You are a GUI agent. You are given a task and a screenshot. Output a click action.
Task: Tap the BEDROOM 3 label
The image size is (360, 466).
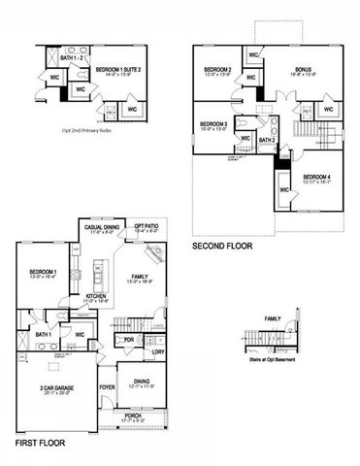point(214,124)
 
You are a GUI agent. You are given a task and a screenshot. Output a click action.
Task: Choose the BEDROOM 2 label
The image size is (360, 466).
point(217,69)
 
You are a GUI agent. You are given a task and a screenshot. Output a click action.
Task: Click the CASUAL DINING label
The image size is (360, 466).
point(102,227)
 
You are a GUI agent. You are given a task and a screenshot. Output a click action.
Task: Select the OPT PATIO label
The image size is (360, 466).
point(147,227)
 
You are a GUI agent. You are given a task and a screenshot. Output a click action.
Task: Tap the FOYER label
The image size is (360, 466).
point(107,383)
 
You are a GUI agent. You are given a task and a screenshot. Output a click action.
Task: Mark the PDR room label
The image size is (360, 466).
point(129,339)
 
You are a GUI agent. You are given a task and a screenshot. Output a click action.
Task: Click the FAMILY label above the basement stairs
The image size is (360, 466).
point(273,317)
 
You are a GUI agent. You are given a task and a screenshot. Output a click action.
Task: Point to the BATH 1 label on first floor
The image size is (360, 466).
point(44,335)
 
